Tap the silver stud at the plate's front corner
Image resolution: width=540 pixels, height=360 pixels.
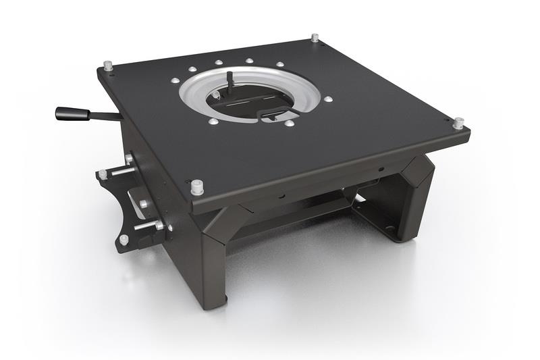click(x=197, y=186)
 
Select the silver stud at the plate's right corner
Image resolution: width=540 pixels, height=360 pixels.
click(x=458, y=123)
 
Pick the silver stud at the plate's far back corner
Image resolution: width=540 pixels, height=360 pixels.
click(x=315, y=37)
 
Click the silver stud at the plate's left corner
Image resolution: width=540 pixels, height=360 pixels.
click(x=107, y=66)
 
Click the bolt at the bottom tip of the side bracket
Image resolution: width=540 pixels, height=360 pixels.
click(x=124, y=239)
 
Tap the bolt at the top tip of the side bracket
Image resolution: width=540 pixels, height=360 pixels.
click(x=102, y=174)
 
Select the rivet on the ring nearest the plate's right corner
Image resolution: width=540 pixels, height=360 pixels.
click(x=328, y=99)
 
